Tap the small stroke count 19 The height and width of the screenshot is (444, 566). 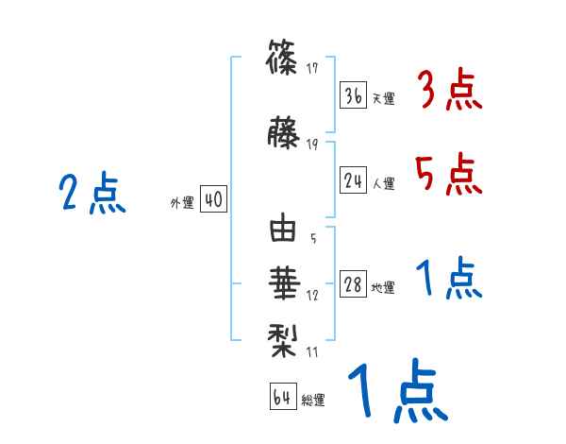click(312, 144)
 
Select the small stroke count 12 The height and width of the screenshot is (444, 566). click(312, 296)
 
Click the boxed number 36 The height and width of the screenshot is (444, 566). click(353, 95)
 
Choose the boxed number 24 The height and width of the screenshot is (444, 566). click(353, 181)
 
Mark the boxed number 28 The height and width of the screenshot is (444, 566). click(353, 285)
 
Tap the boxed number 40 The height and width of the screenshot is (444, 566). click(213, 199)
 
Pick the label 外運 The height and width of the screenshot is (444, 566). click(182, 202)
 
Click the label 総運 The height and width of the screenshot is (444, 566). click(312, 400)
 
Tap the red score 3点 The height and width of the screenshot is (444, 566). click(449, 92)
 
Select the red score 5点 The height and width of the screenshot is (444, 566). click(449, 174)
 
